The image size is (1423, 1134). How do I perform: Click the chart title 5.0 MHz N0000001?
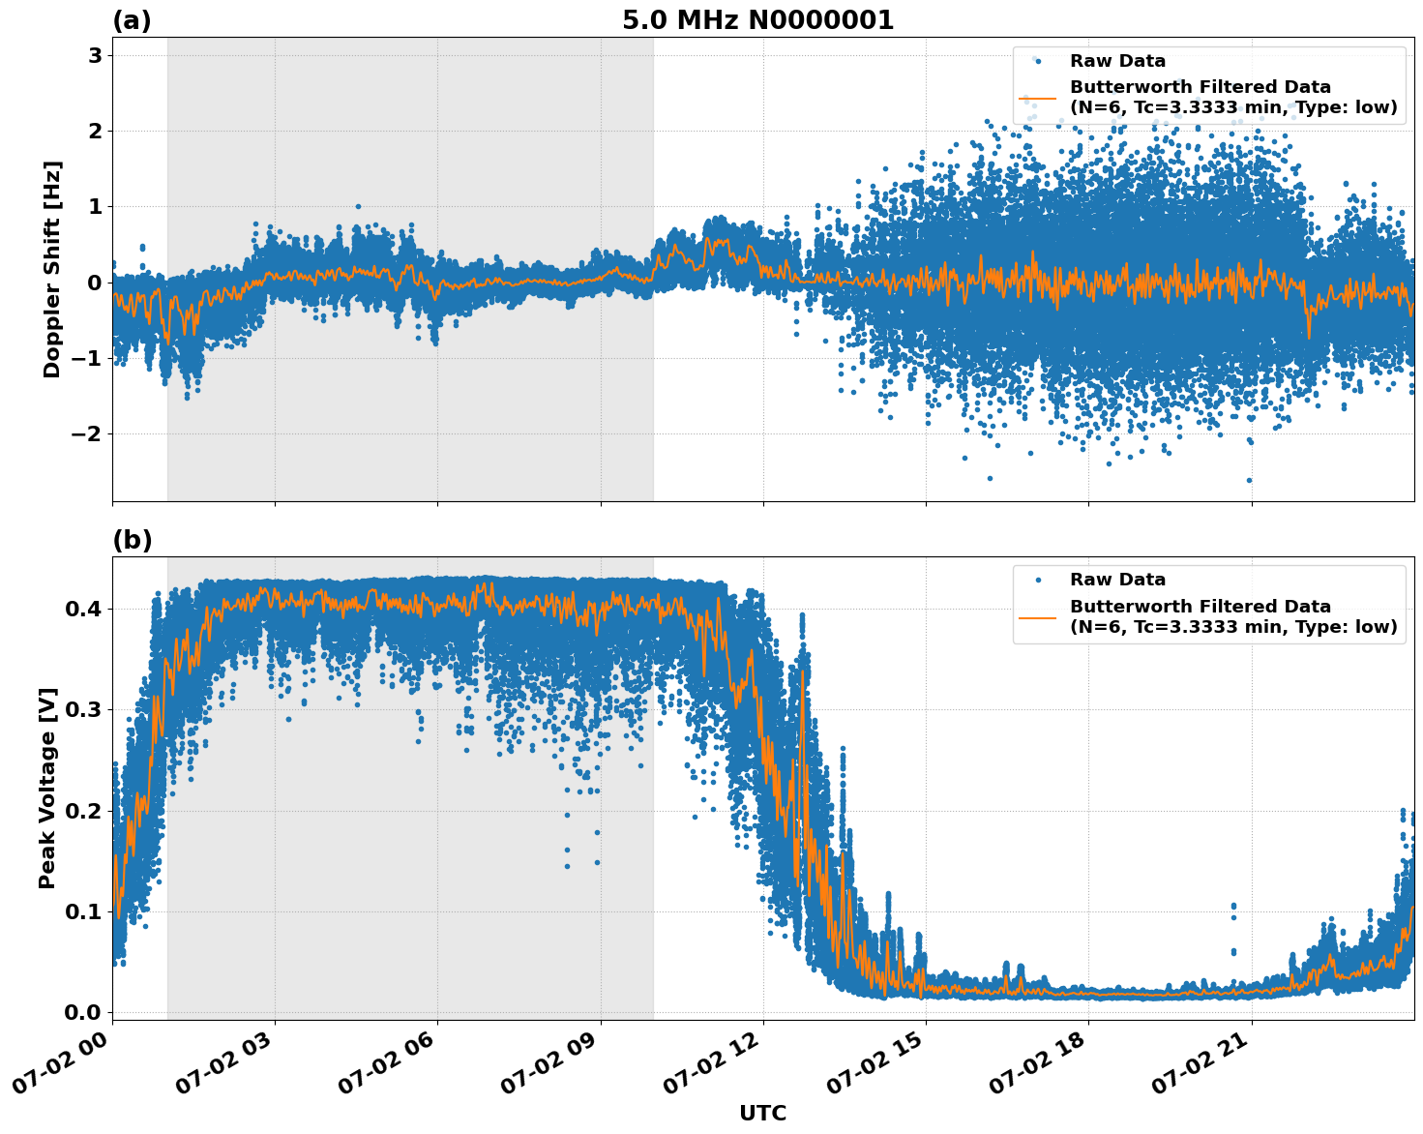tap(757, 20)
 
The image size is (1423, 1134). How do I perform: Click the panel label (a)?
tap(132, 20)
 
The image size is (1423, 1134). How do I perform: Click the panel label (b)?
tap(132, 540)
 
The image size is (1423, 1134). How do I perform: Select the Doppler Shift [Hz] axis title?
tap(52, 269)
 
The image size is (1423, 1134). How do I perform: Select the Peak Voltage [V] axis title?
tap(47, 788)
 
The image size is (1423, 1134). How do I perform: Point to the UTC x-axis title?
tap(762, 1113)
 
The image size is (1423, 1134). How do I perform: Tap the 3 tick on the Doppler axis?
tap(95, 55)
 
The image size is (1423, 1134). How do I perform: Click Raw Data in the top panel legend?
tap(1117, 61)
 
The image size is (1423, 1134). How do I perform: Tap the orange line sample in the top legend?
tap(1038, 98)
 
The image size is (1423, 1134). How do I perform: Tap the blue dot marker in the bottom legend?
tap(1038, 580)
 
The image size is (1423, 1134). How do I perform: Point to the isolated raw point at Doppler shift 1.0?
tap(358, 206)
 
